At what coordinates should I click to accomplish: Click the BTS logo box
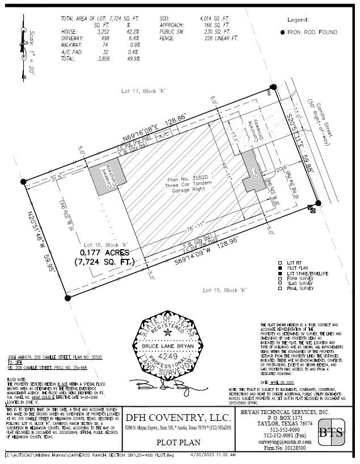coord(331,434)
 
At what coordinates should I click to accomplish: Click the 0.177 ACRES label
coord(105,253)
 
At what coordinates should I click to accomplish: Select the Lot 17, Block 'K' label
coord(141,91)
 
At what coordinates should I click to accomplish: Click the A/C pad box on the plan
coord(164,136)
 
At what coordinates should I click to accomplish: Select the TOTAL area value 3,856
coord(104,58)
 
